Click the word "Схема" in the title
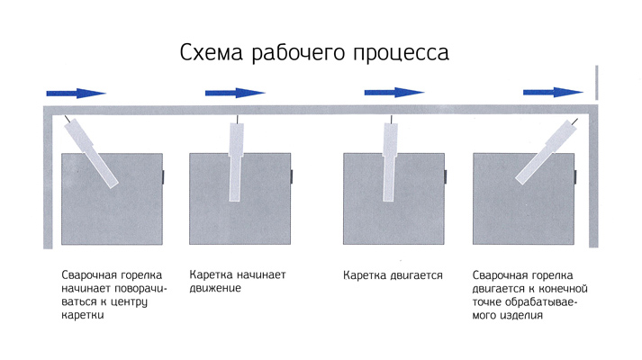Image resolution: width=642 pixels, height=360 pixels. pyautogui.click(x=212, y=52)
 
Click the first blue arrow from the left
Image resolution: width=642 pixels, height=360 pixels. pyautogui.click(x=77, y=94)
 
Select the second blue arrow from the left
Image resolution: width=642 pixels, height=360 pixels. pyautogui.click(x=235, y=94)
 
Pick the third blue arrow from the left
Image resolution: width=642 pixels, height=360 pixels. pyautogui.click(x=394, y=93)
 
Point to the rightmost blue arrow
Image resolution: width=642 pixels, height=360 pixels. pyautogui.click(x=553, y=93)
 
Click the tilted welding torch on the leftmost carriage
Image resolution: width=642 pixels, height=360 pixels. pyautogui.click(x=92, y=152)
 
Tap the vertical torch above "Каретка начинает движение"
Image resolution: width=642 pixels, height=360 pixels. pyautogui.click(x=235, y=159)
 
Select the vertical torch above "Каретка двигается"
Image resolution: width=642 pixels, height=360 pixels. pyautogui.click(x=389, y=159)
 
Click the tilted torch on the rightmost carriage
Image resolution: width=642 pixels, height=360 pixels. pyautogui.click(x=547, y=152)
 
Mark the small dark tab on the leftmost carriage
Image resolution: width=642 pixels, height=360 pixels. pyautogui.click(x=163, y=177)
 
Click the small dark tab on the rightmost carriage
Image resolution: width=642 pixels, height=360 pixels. pyautogui.click(x=575, y=177)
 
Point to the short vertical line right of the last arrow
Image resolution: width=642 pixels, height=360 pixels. pyautogui.click(x=597, y=82)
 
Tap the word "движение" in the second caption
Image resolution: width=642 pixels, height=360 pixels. pyautogui.click(x=215, y=288)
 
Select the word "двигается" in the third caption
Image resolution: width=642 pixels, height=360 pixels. pyautogui.click(x=416, y=275)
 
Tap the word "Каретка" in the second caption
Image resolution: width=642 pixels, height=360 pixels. pyautogui.click(x=211, y=274)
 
